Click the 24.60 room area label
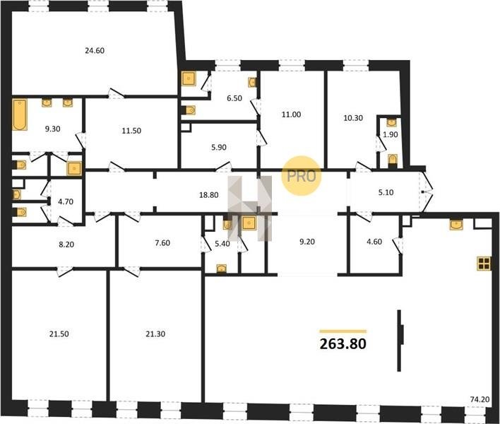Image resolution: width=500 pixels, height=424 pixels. coord(95,50)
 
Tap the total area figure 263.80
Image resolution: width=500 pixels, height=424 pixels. coord(343,344)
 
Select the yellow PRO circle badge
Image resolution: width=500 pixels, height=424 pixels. coord(301,176)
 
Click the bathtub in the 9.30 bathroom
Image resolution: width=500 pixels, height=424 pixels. coord(20,114)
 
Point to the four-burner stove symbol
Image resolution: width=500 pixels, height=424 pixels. coord(484,264)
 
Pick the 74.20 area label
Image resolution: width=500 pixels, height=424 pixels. coord(480,399)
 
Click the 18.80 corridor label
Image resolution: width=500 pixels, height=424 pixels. coord(208,195)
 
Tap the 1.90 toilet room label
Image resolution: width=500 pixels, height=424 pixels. coord(391,135)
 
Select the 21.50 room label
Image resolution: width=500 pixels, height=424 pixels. coord(59,334)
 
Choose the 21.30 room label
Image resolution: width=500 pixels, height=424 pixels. coord(155,334)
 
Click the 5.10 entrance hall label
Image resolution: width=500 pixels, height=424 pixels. coord(386,192)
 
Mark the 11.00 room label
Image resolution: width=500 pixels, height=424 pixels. coord(291,114)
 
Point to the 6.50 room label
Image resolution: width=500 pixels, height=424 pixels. coord(234,98)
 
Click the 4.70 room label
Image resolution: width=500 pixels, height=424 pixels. coord(66,201)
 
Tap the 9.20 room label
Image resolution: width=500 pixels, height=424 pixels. coord(307,242)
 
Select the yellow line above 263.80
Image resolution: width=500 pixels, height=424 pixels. coord(343,331)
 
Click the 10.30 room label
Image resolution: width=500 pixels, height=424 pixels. coord(353,118)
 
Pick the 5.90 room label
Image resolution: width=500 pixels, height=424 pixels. coord(219,148)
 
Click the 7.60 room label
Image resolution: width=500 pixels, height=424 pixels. coord(162,243)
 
